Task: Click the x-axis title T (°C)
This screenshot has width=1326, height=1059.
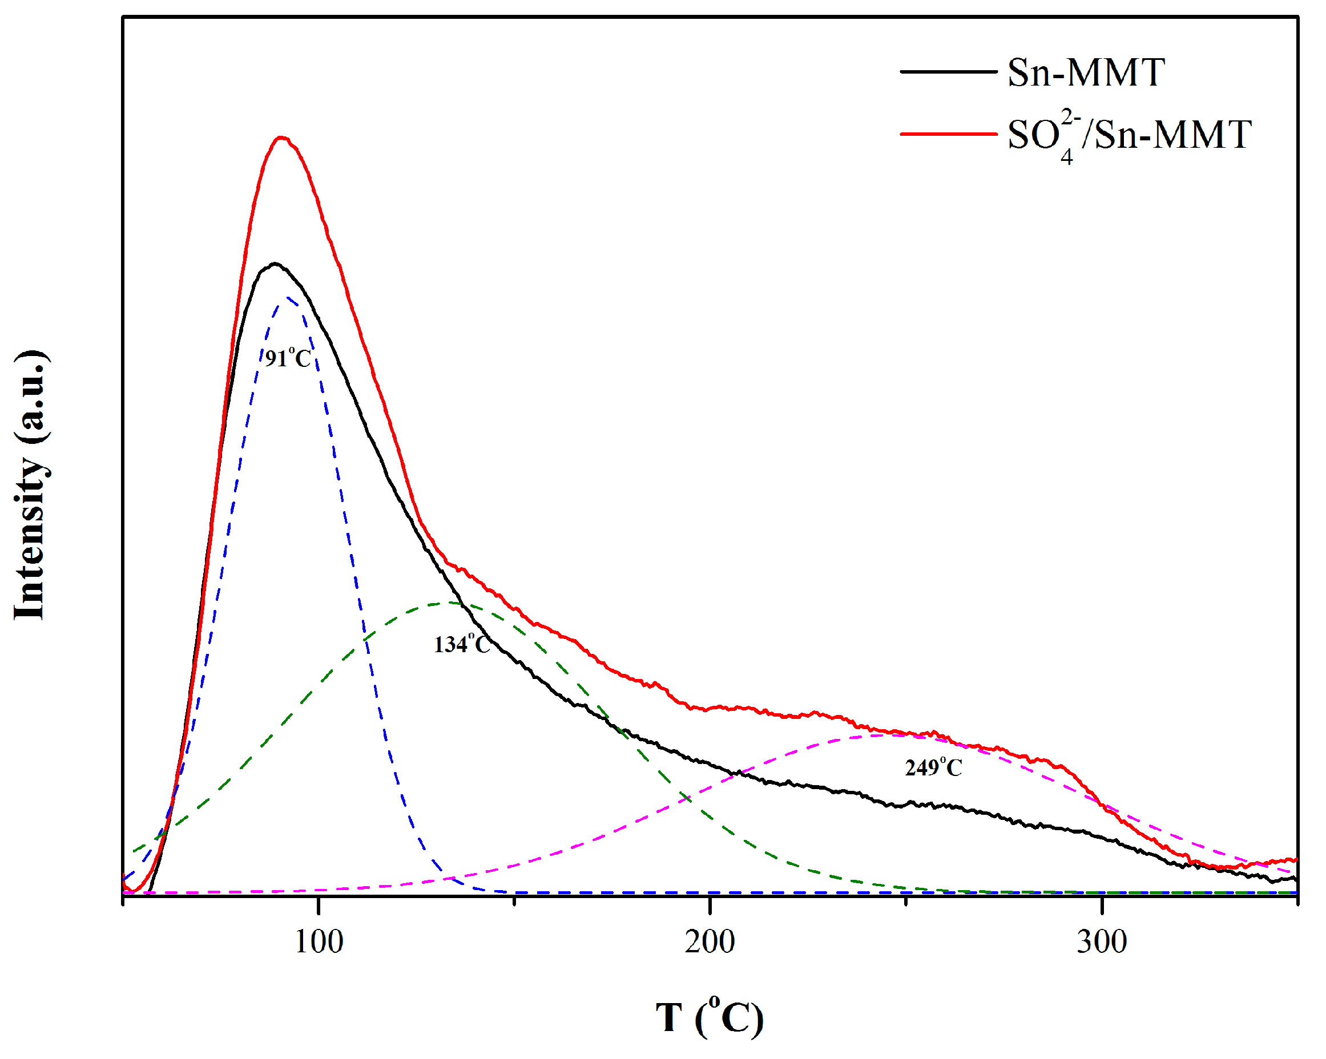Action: [x=710, y=1017]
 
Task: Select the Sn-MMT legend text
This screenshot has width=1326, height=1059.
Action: [x=1086, y=72]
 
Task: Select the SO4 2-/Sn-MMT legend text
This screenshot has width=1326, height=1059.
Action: [x=1128, y=135]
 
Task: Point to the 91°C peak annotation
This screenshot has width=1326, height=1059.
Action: [x=288, y=358]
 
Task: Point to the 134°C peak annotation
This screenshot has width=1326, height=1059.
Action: [x=462, y=644]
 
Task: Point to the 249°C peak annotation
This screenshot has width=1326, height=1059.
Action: [x=933, y=767]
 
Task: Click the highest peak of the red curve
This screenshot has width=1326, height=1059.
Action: [x=281, y=138]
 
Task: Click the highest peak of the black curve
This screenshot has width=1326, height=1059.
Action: [x=275, y=264]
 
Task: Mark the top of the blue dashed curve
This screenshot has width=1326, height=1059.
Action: [x=288, y=298]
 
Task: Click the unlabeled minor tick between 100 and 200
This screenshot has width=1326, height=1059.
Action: [x=515, y=901]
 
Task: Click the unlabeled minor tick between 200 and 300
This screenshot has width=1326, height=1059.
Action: [x=906, y=901]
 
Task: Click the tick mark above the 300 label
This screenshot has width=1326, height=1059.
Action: [x=1102, y=902]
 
